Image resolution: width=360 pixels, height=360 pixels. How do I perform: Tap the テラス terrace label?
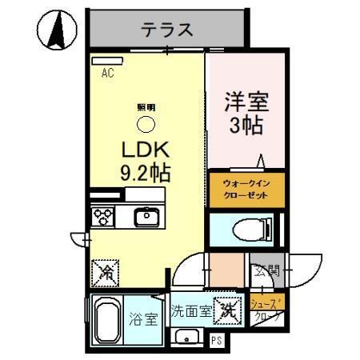(167, 30)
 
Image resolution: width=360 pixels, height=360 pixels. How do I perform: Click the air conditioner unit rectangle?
(104, 61)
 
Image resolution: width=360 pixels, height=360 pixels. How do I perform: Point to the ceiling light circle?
(146, 124)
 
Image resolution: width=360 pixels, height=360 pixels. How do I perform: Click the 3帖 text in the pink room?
(244, 126)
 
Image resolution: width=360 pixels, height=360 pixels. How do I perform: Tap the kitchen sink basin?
(146, 217)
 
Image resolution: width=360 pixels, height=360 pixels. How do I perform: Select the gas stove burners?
(103, 217)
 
